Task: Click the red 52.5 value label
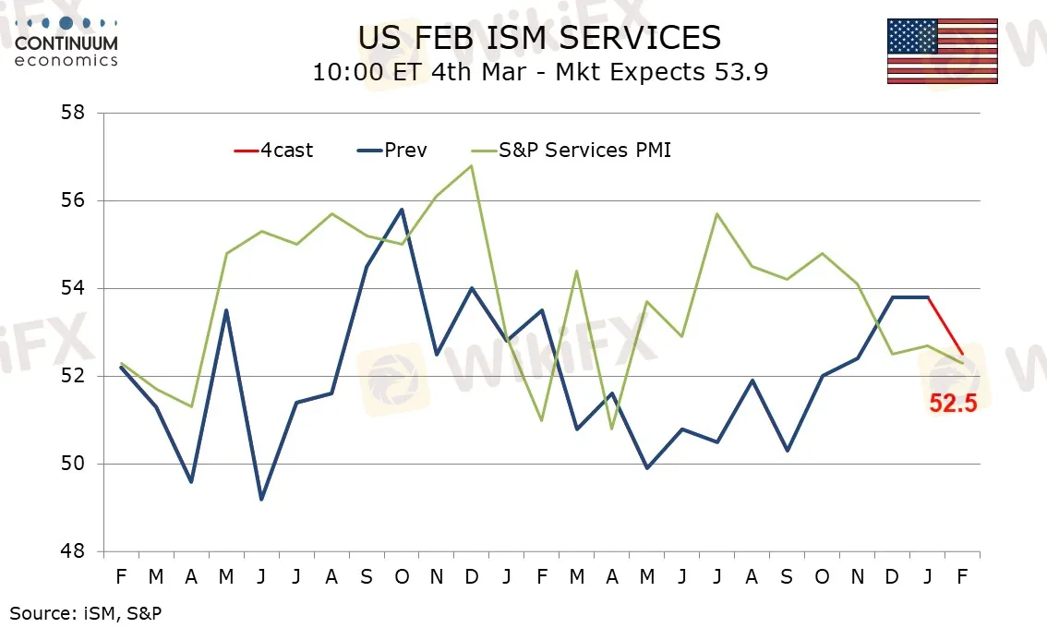click(952, 403)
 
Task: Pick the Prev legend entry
click(391, 150)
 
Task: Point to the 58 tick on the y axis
click(72, 113)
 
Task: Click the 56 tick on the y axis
click(72, 200)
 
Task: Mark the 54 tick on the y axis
click(72, 288)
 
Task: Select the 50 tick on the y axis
click(72, 464)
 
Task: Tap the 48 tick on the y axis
click(72, 551)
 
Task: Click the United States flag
click(942, 51)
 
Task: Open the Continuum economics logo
click(66, 42)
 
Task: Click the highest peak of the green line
click(472, 166)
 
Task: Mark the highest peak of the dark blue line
click(402, 210)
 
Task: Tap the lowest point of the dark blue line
click(261, 499)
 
